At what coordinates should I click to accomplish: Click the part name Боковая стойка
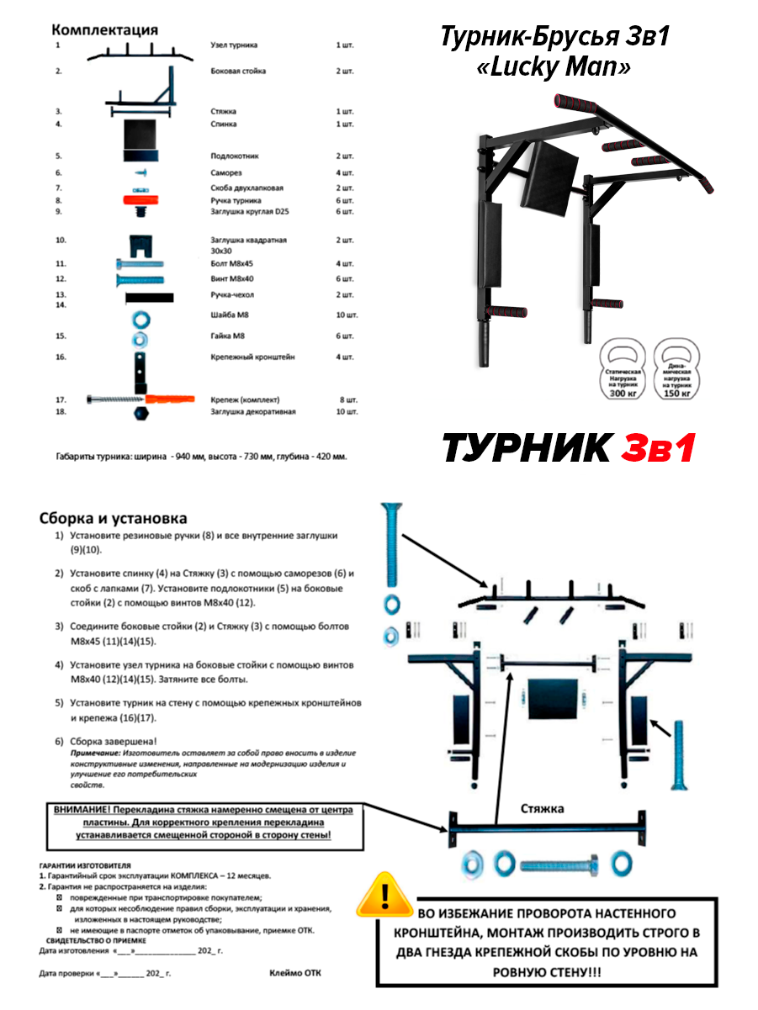(238, 71)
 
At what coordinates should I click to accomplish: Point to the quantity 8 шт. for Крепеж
(347, 399)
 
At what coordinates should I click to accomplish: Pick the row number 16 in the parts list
(61, 357)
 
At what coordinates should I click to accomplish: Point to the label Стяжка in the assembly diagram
(542, 809)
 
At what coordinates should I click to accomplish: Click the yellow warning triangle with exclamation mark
(384, 895)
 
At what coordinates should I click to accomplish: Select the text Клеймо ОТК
(294, 973)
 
